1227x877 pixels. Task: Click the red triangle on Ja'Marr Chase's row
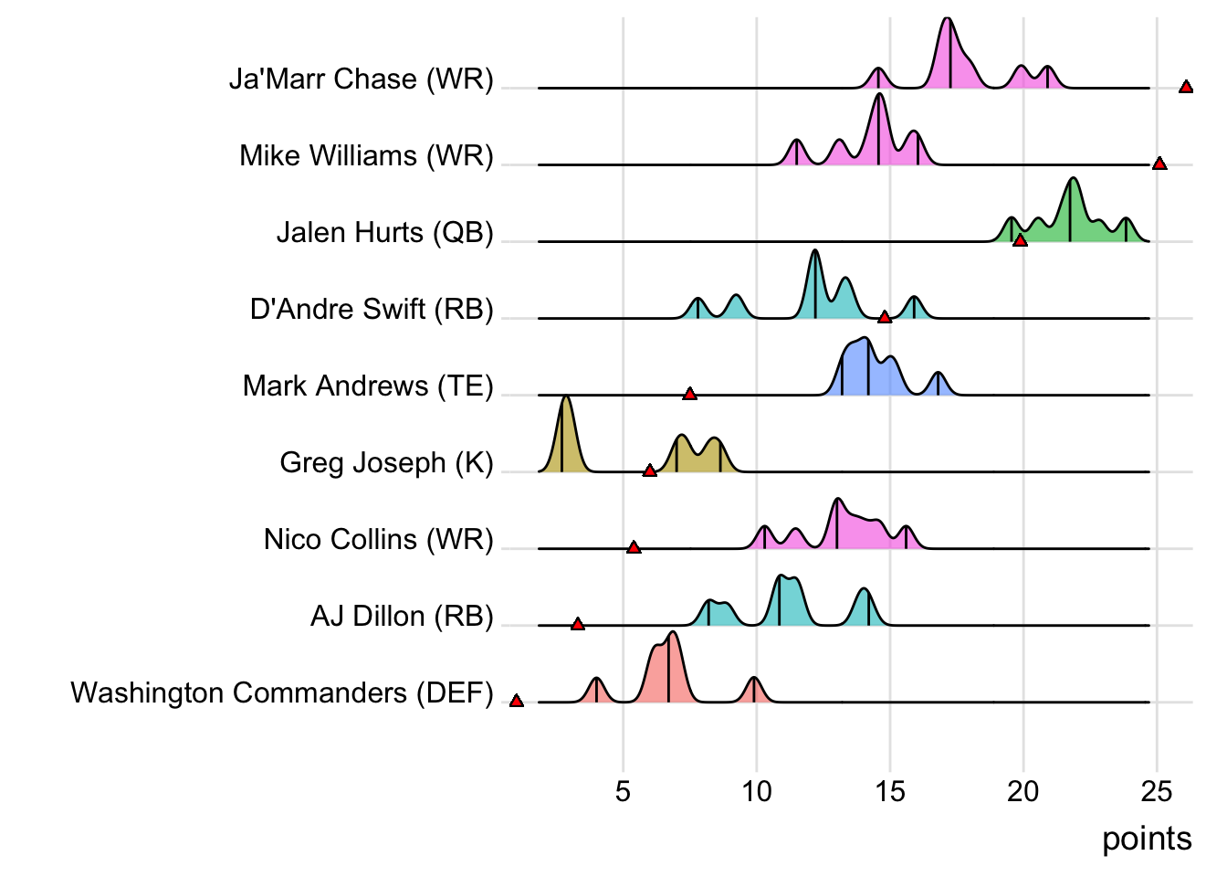click(1186, 87)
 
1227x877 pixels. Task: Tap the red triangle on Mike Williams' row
click(1159, 164)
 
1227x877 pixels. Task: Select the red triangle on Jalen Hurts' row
click(1021, 240)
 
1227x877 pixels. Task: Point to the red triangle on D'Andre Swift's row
click(885, 317)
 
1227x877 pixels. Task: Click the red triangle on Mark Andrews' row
click(690, 394)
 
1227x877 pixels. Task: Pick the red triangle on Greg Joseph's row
click(650, 470)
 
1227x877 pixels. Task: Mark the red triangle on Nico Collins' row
click(634, 547)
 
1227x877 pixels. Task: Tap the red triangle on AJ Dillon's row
click(578, 624)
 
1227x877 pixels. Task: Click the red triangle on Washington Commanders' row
click(517, 701)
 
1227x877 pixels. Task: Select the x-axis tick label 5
click(623, 791)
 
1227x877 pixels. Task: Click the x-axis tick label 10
click(756, 791)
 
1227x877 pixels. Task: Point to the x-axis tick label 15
click(890, 791)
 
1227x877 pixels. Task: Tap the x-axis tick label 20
click(1023, 791)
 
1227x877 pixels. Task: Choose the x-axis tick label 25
click(1157, 791)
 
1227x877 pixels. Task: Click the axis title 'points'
click(1147, 839)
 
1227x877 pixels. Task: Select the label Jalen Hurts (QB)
click(384, 233)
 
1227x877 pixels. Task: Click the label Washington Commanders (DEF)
click(282, 693)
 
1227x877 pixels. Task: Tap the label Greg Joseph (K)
click(386, 463)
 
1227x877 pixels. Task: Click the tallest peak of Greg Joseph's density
click(566, 399)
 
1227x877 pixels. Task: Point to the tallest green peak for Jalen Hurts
click(1074, 180)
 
